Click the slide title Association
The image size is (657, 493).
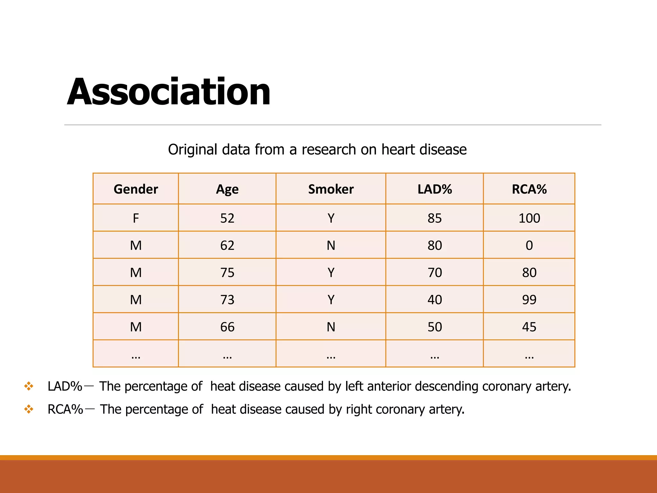pyautogui.click(x=168, y=92)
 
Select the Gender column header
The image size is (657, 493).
pyautogui.click(x=136, y=189)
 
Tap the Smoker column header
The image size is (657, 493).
pyautogui.click(x=331, y=189)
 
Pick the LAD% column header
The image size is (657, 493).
pyautogui.click(x=435, y=189)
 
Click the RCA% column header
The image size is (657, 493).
pyautogui.click(x=529, y=189)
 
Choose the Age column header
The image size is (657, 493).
pyautogui.click(x=227, y=189)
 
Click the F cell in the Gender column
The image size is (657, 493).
pyautogui.click(x=136, y=218)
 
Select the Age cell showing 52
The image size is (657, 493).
pyautogui.click(x=227, y=218)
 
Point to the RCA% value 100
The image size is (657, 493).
pyautogui.click(x=529, y=218)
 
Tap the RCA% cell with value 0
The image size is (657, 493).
pyautogui.click(x=529, y=246)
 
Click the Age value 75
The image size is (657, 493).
pyautogui.click(x=227, y=272)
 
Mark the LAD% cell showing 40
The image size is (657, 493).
pyautogui.click(x=435, y=300)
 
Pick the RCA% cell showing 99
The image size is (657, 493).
pyautogui.click(x=529, y=300)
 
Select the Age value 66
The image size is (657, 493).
pyautogui.click(x=227, y=327)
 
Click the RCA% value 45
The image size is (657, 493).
pyautogui.click(x=529, y=327)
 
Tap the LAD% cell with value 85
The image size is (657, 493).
pyautogui.click(x=435, y=218)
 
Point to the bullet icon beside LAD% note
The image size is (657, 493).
pyautogui.click(x=29, y=386)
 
